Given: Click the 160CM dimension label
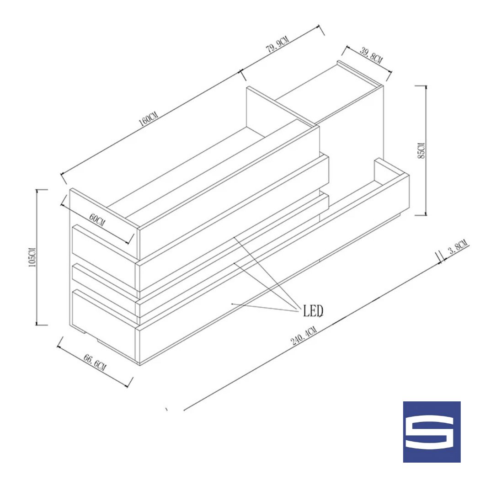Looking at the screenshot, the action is (149, 119).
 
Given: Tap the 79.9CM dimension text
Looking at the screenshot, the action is (277, 45).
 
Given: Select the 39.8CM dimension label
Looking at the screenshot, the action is (371, 55).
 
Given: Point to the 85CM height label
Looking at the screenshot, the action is (421, 150).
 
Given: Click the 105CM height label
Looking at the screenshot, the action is (32, 257).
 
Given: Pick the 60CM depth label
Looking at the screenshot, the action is (97, 220).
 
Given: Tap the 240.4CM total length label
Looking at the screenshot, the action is (304, 336).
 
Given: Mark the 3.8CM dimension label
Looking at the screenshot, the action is (458, 247).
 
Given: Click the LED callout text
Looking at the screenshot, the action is (313, 311).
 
